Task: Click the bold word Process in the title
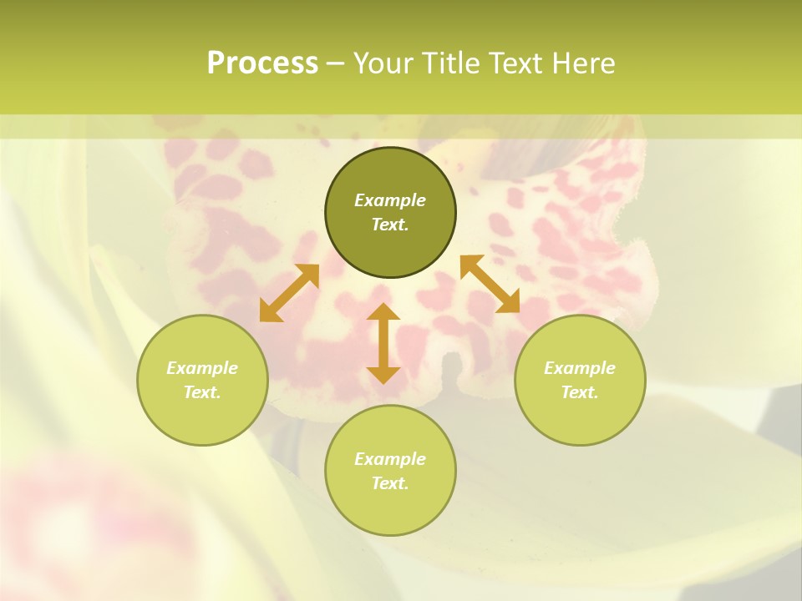(262, 63)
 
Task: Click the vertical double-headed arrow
(383, 343)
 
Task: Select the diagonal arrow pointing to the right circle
(490, 284)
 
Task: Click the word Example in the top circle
(390, 200)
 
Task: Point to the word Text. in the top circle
(390, 225)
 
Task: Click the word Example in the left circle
(202, 368)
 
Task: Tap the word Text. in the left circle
(202, 392)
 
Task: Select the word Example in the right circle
(580, 368)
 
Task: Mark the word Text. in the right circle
(580, 392)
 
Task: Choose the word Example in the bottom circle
(390, 459)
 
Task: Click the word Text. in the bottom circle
(390, 483)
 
